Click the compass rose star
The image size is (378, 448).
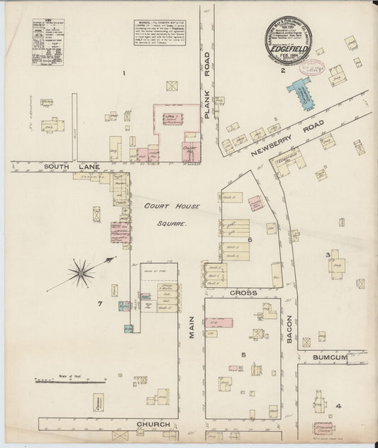click(x=82, y=271)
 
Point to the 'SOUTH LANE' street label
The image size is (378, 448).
click(x=45, y=167)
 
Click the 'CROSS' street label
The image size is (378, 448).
click(x=243, y=292)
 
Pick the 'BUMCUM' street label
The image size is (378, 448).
click(x=330, y=358)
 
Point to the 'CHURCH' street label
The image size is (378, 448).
click(x=154, y=424)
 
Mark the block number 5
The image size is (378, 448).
click(x=243, y=354)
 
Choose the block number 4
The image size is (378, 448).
click(x=339, y=405)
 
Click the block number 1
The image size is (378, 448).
click(x=123, y=73)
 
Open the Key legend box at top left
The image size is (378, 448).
click(x=48, y=43)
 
